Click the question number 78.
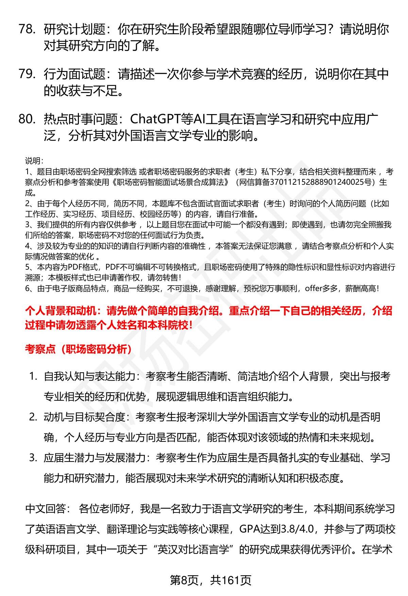27,30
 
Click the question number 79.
27,74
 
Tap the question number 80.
27,119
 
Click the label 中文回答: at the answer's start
48,509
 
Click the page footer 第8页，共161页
210,580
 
